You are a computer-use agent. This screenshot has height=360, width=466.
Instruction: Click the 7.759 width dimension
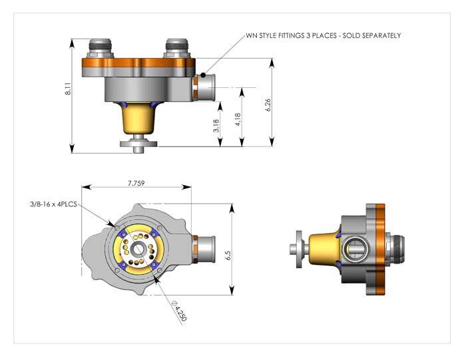pos(137,182)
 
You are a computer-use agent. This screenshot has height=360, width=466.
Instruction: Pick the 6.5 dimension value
pos(227,254)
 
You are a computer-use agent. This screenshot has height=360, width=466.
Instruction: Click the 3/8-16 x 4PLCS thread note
pos(52,206)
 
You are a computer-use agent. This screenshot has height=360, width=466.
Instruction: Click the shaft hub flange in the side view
pos(299,248)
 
